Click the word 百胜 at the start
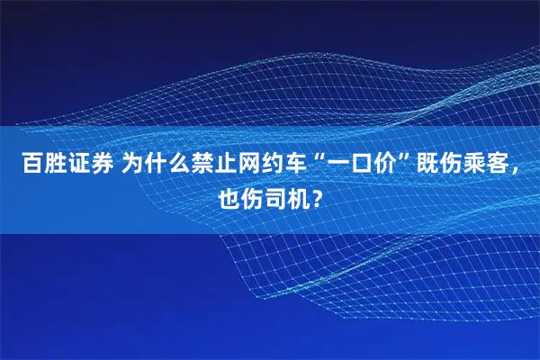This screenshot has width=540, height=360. [42, 165]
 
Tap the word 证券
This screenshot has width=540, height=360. [90, 165]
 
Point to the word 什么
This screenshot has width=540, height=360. [168, 165]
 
